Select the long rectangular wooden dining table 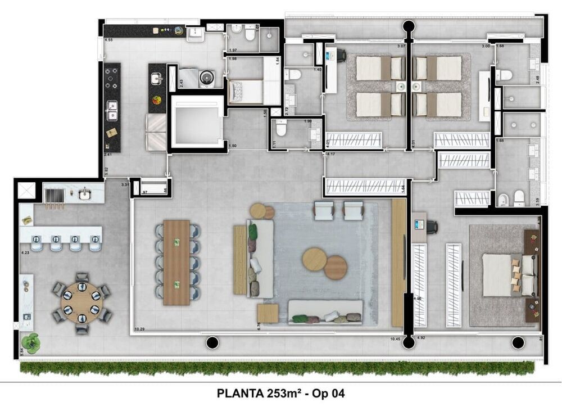[176, 262]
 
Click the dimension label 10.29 [140, 328]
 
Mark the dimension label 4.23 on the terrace [25, 253]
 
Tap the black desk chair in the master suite [431, 227]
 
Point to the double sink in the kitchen [112, 111]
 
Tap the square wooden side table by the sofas [268, 313]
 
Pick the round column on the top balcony [408, 26]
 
